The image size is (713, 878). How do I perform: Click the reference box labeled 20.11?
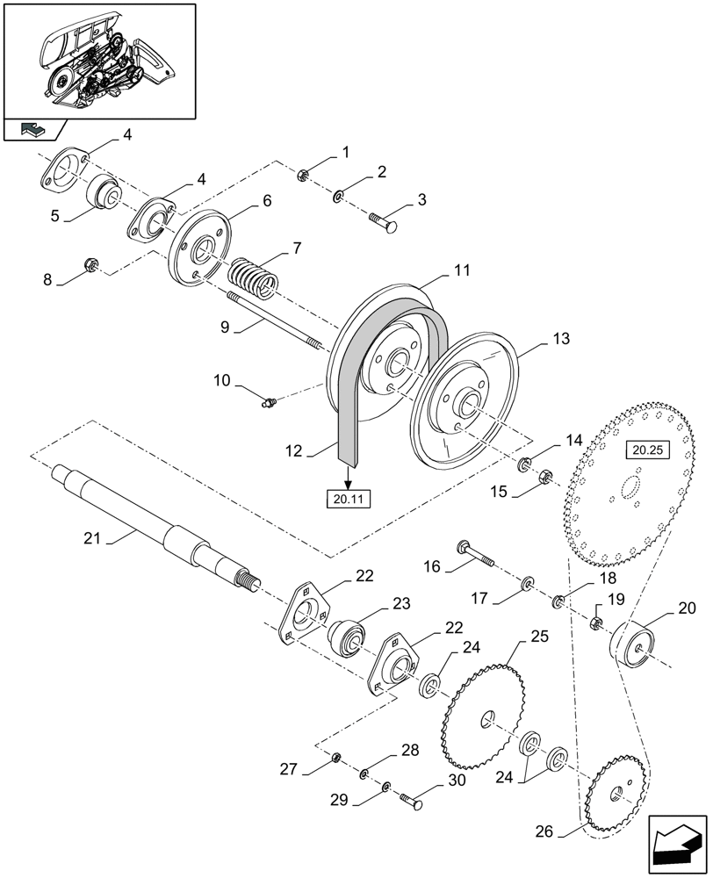tap(349, 500)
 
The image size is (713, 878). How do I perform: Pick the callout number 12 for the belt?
tap(292, 452)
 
